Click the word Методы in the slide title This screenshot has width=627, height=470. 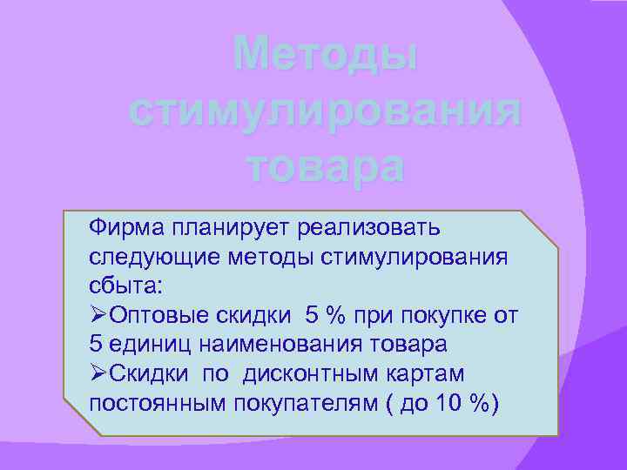click(x=326, y=57)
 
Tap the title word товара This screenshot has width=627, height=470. click(x=326, y=165)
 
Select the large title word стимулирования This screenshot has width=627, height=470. click(x=326, y=111)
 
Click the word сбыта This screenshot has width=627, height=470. click(x=128, y=286)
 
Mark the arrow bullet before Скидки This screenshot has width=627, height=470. click(x=98, y=373)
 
